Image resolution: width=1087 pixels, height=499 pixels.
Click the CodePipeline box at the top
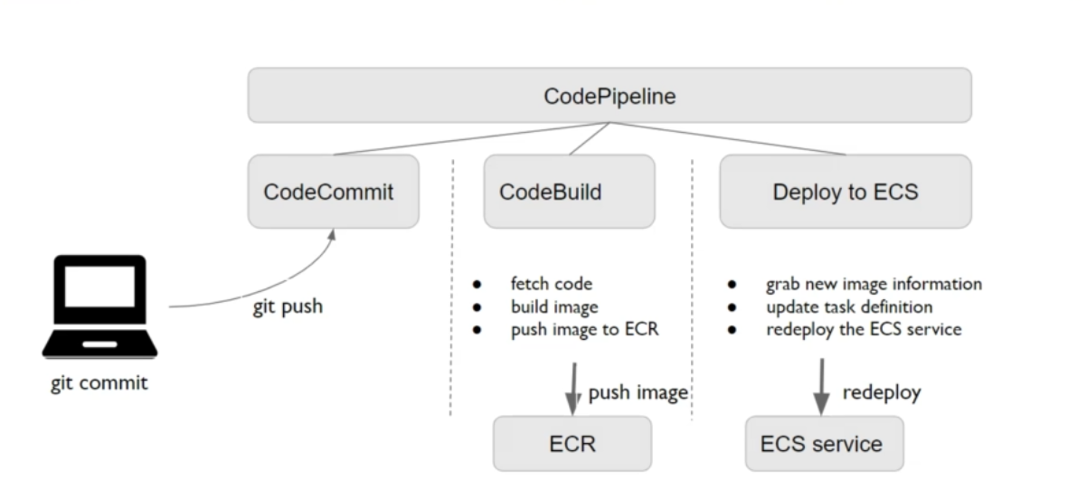610,95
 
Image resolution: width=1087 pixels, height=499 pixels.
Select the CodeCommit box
333,192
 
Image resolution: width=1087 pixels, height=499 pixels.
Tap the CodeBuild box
569,192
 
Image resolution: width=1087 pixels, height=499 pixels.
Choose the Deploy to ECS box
845,192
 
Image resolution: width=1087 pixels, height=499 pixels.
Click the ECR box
572,443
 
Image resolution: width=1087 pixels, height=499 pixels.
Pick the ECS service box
823,443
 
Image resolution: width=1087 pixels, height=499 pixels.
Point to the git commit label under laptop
99,382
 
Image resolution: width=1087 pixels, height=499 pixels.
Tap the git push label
288,306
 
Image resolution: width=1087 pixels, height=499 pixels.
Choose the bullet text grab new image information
874,284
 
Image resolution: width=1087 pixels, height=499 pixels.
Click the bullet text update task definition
848,306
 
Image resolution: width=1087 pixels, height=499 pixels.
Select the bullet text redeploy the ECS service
864,329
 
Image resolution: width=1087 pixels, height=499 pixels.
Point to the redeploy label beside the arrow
882,392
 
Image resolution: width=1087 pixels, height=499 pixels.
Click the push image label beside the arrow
638,392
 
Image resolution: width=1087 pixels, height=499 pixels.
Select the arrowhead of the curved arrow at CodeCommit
332,234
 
